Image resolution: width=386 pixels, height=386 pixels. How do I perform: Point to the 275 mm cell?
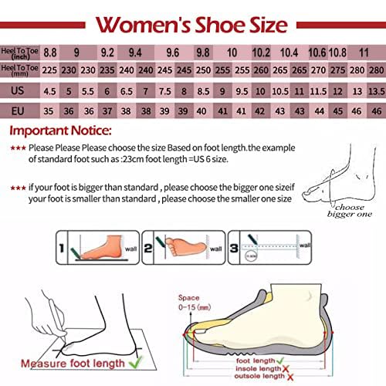[x=338, y=70]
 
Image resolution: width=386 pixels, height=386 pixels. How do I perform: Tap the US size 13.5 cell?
[x=376, y=90]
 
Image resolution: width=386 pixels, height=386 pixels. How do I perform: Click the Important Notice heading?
[x=61, y=130]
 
